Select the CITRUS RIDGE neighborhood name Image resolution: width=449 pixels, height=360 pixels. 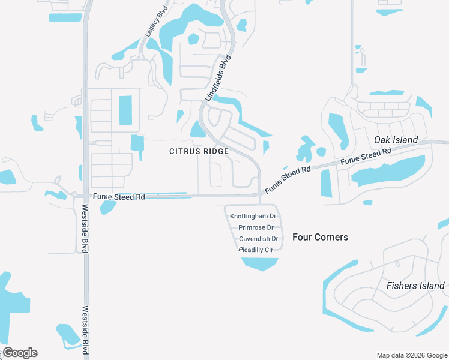tap(199, 151)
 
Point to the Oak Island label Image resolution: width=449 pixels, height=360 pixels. tap(396, 140)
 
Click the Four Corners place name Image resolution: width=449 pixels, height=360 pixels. tap(320, 237)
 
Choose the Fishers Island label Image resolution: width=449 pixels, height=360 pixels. tap(415, 286)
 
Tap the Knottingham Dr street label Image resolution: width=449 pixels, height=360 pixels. tap(253, 215)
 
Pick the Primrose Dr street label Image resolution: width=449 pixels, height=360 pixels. tap(256, 227)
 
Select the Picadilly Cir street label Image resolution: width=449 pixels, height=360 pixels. tap(256, 249)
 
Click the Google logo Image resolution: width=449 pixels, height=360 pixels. tap(20, 353)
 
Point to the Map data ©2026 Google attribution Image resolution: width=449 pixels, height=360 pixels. tap(412, 355)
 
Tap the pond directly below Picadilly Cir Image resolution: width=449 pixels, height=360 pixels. tap(261, 263)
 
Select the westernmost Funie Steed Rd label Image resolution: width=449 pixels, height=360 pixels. tap(119, 197)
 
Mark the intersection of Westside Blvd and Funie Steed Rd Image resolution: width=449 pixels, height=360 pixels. tap(86, 195)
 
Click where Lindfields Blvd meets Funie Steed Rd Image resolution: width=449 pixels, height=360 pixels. tap(260, 194)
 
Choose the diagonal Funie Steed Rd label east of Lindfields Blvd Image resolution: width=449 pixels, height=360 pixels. tap(288, 179)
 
